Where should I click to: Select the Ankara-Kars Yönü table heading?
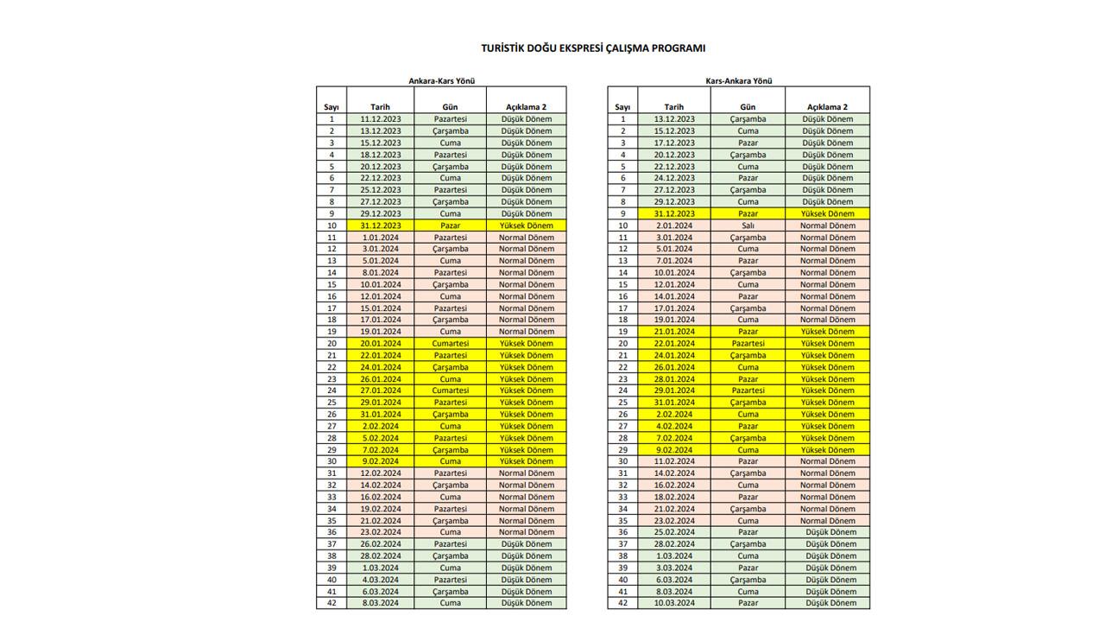[x=442, y=81]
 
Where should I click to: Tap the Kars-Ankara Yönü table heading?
[x=739, y=81]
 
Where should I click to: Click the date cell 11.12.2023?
[x=380, y=119]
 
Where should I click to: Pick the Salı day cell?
[x=748, y=225]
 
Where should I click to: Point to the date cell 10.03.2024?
[x=674, y=603]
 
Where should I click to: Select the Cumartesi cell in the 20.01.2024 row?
[x=450, y=344]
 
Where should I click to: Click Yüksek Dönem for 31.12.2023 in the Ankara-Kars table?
[x=527, y=225]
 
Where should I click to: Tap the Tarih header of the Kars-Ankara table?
[x=674, y=107]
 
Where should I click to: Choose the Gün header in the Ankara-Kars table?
[x=450, y=107]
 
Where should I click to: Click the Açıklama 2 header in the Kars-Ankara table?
[x=827, y=107]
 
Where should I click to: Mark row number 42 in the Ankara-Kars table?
[x=331, y=603]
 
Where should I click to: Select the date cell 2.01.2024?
[x=674, y=225]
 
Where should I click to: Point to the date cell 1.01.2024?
[x=380, y=238]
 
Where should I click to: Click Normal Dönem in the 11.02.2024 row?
[x=827, y=461]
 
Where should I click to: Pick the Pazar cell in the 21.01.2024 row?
[x=748, y=332]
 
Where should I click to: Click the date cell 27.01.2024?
[x=380, y=390]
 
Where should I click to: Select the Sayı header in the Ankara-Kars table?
[x=331, y=107]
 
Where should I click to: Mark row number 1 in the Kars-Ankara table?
[x=622, y=119]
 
